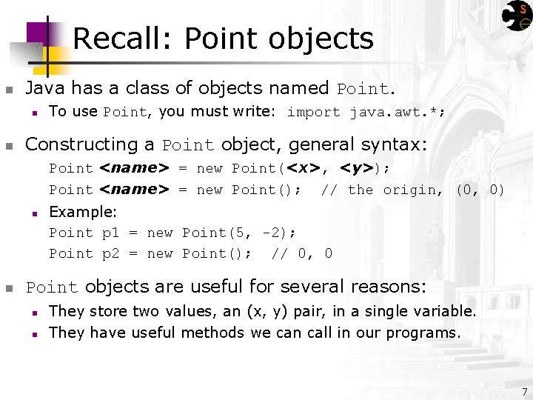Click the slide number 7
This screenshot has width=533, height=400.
524,391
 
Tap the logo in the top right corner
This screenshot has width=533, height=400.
516,16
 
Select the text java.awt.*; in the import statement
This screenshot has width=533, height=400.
398,113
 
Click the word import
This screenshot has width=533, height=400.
313,113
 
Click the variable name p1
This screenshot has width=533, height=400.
110,233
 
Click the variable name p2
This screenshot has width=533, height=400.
110,253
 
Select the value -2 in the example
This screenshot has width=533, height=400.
271,233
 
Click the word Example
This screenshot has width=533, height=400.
82,212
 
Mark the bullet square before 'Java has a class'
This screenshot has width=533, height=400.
9,90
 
